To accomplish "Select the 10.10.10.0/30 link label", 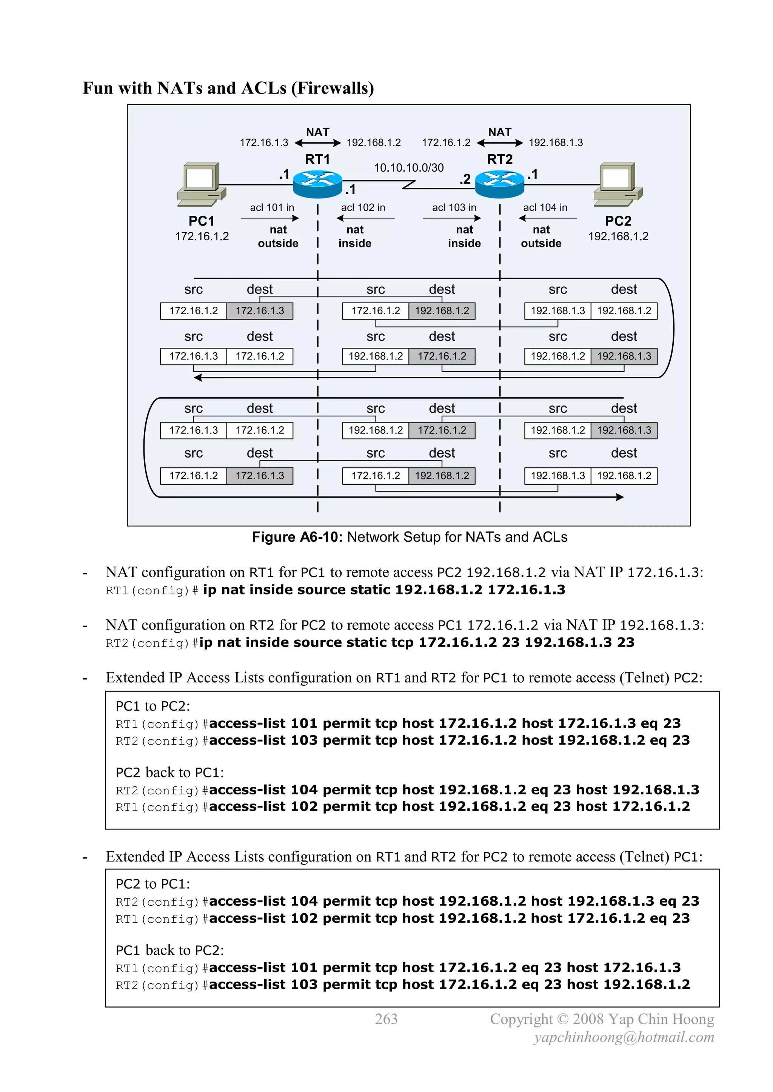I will [x=408, y=168].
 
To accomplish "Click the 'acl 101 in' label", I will [x=272, y=207].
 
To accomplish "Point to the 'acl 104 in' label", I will [x=545, y=207].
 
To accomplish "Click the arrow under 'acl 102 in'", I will [x=365, y=218].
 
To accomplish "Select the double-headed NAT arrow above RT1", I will [x=317, y=143].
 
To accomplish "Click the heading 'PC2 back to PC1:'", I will [x=169, y=773].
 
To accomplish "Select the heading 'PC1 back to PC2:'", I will [x=169, y=950].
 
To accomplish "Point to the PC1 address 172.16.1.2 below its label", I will [x=202, y=237].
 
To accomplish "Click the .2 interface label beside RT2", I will [x=465, y=179].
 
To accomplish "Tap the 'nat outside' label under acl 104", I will [x=541, y=237].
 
